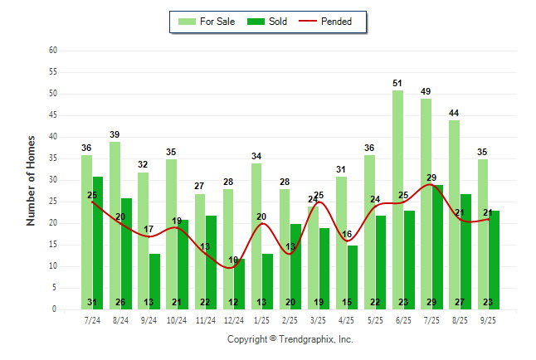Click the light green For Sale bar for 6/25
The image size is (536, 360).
pos(398,199)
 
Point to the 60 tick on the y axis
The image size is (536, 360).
pos(53,51)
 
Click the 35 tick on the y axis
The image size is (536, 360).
pos(53,158)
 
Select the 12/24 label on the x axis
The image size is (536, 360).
pos(234,319)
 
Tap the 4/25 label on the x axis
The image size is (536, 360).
pos(348,319)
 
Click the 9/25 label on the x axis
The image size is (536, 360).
pos(489,319)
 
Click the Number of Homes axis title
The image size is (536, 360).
pos(31,180)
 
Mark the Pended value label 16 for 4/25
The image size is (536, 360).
pos(348,235)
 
